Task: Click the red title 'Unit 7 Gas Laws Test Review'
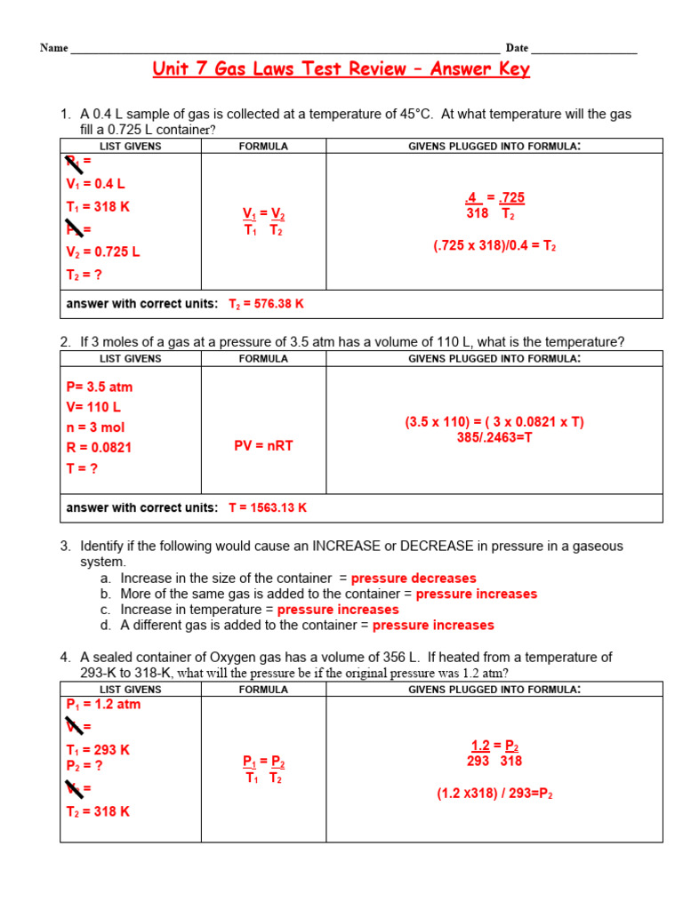[341, 69]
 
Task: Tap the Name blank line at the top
[285, 48]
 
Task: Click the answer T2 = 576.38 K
[267, 304]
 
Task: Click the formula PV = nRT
[263, 446]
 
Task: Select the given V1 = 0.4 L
[96, 184]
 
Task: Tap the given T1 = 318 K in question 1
[98, 207]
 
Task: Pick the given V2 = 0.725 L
[103, 251]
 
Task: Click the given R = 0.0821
[99, 448]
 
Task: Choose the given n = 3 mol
[95, 427]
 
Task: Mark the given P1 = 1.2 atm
[103, 705]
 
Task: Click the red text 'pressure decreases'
[414, 579]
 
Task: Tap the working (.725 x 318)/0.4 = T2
[494, 246]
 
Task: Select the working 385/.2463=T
[494, 438]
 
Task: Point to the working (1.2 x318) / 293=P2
[494, 794]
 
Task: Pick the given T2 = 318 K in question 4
[98, 811]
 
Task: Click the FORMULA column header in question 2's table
[263, 359]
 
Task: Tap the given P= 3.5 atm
[100, 387]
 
